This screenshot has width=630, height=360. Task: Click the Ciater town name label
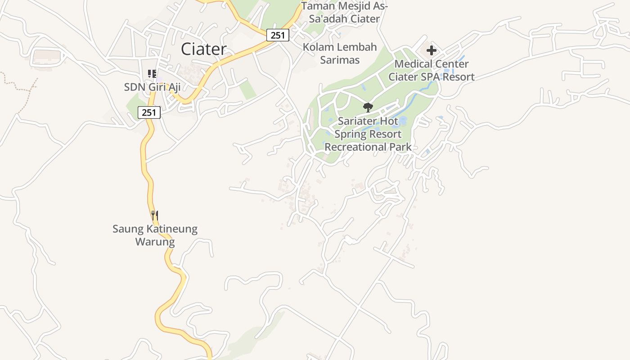coord(203,49)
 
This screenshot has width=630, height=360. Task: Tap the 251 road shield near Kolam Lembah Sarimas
coord(277,35)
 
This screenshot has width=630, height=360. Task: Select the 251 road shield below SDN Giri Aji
coord(149,112)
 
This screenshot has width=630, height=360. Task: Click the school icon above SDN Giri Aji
coord(152,73)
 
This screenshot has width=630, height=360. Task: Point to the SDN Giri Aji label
coord(152,87)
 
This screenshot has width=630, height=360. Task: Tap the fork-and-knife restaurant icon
coord(154,216)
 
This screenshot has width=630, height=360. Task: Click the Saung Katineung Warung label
coord(155,235)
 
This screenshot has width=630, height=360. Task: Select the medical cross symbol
coord(432,50)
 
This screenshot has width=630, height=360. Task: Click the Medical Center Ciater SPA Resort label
coord(431,71)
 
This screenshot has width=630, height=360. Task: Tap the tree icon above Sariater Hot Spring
coord(368,107)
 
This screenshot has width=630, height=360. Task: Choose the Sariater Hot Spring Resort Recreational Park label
coord(368,134)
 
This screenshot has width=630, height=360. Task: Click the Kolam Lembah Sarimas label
coord(340,54)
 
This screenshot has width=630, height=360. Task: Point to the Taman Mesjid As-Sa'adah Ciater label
coord(344,13)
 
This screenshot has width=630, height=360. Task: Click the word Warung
coord(155,242)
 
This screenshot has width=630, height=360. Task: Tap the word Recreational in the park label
coord(353,147)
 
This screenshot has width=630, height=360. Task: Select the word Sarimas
coord(340,60)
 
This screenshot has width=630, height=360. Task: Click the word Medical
coord(412,64)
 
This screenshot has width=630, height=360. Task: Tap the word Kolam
coord(318,47)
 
